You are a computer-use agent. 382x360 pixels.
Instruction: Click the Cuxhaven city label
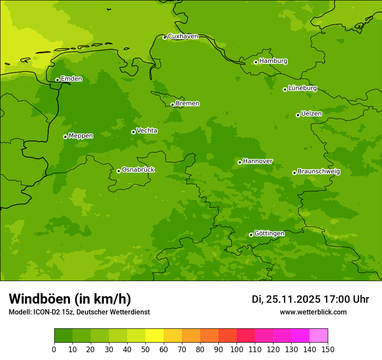[x=183, y=36]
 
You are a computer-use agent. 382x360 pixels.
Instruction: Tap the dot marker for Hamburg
[x=256, y=62]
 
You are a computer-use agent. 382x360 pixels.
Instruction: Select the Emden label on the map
[x=71, y=79]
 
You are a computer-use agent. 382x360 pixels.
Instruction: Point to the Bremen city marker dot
[x=172, y=105]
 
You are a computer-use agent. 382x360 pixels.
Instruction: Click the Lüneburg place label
[x=303, y=88]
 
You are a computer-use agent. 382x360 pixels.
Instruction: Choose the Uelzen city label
[x=311, y=114]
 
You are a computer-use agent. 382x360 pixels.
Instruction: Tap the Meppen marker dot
[x=65, y=137]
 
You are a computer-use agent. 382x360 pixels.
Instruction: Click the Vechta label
[x=147, y=131]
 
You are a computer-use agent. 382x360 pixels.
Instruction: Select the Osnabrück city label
[x=138, y=170]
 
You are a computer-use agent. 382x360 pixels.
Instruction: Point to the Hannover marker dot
[x=240, y=162]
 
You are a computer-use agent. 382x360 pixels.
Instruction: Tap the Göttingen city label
[x=269, y=233]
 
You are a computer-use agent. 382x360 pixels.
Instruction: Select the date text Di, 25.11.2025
[x=286, y=299]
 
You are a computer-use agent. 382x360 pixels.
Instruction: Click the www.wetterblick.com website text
[x=313, y=312]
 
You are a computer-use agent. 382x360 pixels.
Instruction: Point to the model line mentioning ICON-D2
[x=79, y=312]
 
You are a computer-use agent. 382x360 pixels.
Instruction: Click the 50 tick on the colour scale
[x=145, y=349]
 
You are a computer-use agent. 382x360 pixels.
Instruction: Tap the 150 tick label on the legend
[x=328, y=349]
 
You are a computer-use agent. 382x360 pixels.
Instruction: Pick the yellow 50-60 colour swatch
[x=155, y=336]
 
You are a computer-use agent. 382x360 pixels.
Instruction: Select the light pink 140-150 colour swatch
[x=319, y=336]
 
